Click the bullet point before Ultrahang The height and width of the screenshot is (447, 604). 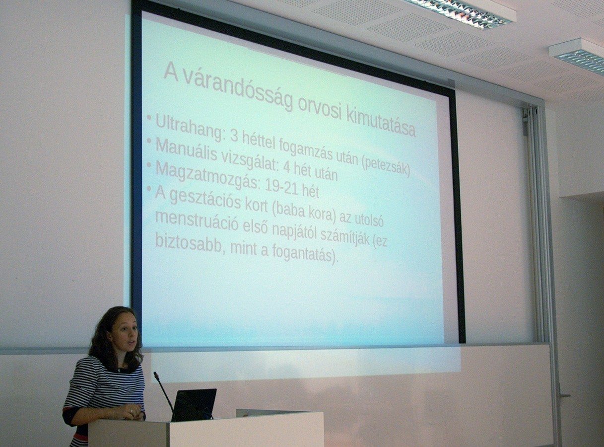point(149,118)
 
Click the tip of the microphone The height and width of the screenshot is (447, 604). point(155,374)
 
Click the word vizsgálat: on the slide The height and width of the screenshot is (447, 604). point(250,162)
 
